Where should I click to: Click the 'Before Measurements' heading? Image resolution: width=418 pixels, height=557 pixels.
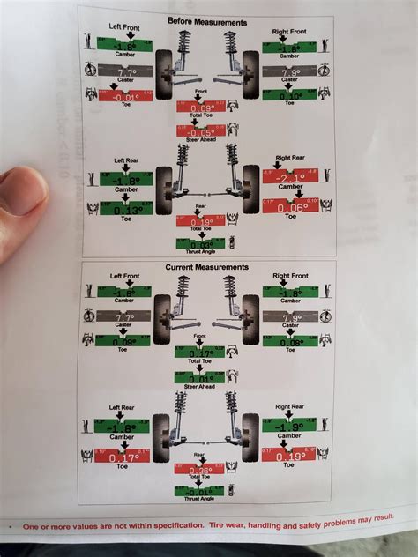[206, 20]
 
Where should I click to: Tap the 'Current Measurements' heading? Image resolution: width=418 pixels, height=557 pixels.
[206, 266]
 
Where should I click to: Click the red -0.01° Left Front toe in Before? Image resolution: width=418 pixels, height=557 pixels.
[123, 95]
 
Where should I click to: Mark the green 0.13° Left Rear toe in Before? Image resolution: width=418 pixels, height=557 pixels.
[123, 208]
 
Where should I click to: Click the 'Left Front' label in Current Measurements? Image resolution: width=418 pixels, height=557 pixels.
[125, 276]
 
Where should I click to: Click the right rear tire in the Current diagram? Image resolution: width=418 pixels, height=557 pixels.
[250, 437]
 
